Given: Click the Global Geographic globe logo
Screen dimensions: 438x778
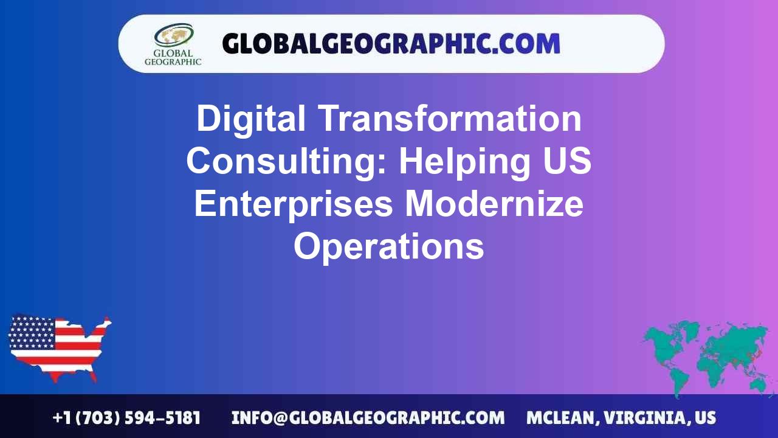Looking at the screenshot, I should (x=173, y=36).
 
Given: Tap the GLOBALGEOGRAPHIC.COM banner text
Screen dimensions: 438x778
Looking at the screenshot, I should (x=391, y=44).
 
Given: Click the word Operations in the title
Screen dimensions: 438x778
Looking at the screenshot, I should (x=389, y=246).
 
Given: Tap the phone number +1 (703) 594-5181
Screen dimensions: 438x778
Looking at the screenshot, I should (x=126, y=418).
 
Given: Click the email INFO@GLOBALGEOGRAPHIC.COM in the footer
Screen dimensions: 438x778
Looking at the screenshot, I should (x=368, y=418).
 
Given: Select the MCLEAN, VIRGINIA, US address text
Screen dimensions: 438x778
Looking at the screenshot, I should (x=621, y=418).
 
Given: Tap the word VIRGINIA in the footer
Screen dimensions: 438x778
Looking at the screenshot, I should (x=647, y=418).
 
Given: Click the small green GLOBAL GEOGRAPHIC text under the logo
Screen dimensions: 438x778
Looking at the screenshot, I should (x=173, y=57).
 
